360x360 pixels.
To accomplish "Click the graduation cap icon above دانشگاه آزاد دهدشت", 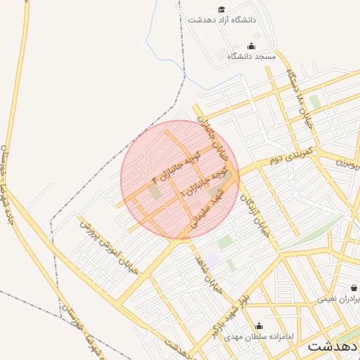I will pyautogui.click(x=221, y=10).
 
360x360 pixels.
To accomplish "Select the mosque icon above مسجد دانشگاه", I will pyautogui.click(x=252, y=46).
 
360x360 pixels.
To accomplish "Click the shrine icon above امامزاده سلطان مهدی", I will pyautogui.click(x=259, y=326).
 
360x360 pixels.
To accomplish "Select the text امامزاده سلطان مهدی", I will pyautogui.click(x=253, y=337).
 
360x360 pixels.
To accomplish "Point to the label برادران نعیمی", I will pyautogui.click(x=338, y=299).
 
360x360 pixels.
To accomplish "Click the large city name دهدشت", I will pyautogui.click(x=333, y=346).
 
